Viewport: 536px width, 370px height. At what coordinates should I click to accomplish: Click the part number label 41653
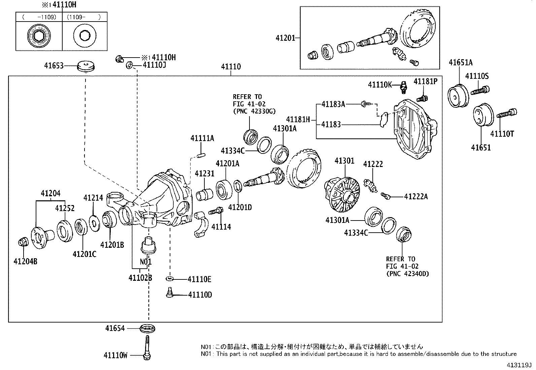(54, 65)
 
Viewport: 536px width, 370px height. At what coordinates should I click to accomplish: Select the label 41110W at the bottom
(115, 355)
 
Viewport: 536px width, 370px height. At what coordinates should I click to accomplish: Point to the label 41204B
(25, 261)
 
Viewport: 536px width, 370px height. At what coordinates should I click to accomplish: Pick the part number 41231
(204, 173)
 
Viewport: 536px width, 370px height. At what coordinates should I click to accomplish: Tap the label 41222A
(416, 197)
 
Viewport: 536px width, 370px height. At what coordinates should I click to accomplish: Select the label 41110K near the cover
(380, 85)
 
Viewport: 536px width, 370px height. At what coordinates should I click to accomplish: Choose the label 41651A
(461, 62)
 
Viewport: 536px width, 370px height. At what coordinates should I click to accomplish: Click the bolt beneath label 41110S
(480, 90)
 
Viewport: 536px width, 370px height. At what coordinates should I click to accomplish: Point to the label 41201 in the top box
(285, 38)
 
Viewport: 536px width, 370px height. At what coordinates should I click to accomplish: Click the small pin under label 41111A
(201, 155)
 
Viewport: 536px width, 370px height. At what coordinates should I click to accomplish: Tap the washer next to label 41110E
(170, 279)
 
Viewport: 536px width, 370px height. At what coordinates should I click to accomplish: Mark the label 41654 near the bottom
(114, 328)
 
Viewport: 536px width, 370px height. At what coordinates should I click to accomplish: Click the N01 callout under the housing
(146, 262)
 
